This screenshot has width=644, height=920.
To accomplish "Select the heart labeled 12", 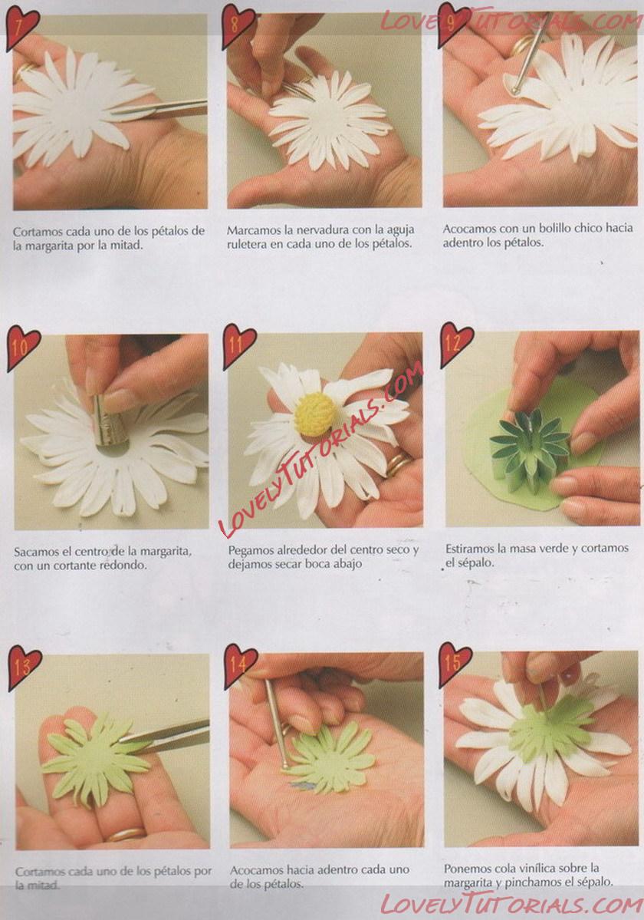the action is pyautogui.click(x=456, y=343).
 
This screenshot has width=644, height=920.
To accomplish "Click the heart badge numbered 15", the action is pyautogui.click(x=455, y=664).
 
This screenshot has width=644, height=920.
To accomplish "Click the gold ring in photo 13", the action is pyautogui.click(x=125, y=834).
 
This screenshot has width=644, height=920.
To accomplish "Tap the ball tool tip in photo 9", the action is pyautogui.click(x=516, y=90).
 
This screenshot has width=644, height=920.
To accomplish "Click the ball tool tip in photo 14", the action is pyautogui.click(x=284, y=765).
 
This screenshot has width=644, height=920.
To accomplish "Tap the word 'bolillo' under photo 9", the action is pyautogui.click(x=568, y=228).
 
